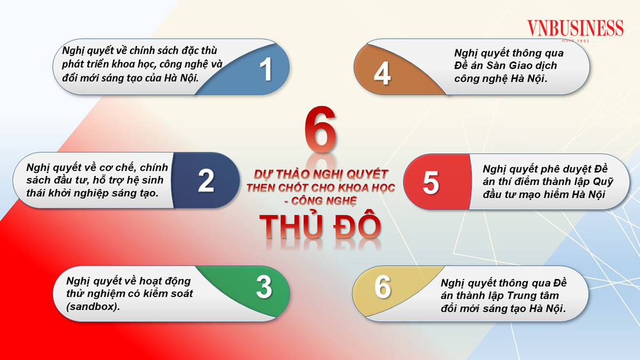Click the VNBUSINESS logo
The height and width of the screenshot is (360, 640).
tap(575, 28)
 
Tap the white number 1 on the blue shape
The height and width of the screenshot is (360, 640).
tap(266, 69)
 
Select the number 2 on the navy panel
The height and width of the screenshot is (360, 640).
tap(206, 180)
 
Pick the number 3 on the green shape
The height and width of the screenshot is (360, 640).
tap(264, 287)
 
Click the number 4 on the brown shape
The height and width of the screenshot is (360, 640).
tap(382, 73)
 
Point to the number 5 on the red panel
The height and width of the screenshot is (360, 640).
tap(431, 182)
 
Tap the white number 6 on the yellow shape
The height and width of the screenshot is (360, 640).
tap(382, 286)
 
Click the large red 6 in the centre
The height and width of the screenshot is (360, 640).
tap(321, 129)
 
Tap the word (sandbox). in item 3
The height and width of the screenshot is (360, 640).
tap(93, 307)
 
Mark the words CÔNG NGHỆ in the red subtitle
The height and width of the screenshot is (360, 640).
tap(324, 201)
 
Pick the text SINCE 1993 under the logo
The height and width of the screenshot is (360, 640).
tap(575, 41)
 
